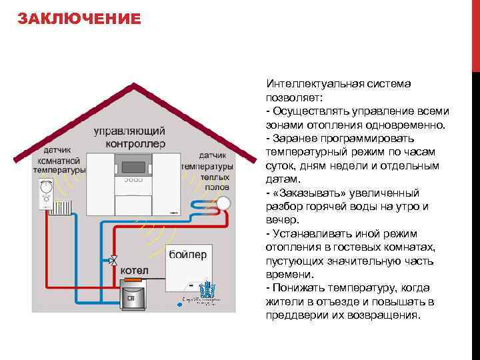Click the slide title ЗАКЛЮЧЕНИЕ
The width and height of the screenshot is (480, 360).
tap(79, 18)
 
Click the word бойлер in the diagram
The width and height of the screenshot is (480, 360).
tap(188, 254)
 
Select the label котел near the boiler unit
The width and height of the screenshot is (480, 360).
tap(134, 271)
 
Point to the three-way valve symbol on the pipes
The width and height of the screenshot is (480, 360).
tap(114, 260)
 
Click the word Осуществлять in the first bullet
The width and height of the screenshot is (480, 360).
tap(307, 111)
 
